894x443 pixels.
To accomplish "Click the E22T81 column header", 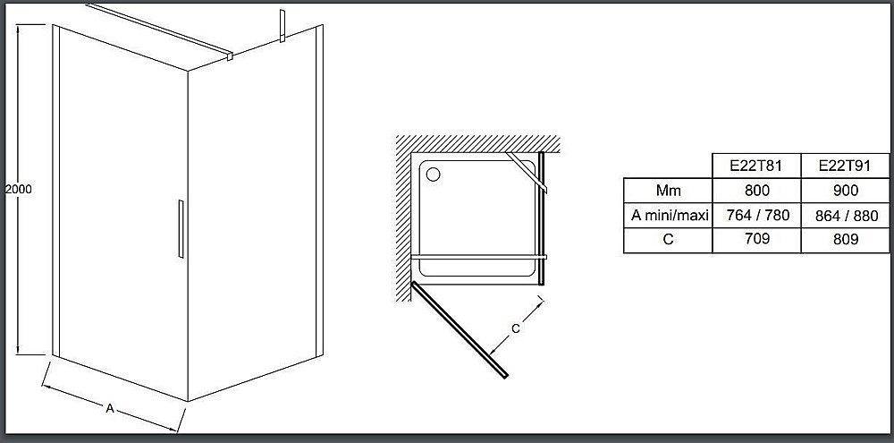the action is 756,166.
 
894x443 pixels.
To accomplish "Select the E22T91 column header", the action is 845,166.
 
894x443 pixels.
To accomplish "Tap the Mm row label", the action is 668,190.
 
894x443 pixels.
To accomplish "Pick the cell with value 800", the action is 756,190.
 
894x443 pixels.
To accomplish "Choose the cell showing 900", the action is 845,190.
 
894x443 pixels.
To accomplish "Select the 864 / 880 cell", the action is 846,215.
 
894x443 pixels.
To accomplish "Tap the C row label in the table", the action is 668,239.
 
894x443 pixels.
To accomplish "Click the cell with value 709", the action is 756,239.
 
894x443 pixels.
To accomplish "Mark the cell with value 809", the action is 845,239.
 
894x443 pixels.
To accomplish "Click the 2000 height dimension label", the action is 18,190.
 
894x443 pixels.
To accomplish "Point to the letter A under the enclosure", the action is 111,407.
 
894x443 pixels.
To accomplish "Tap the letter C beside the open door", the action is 516,328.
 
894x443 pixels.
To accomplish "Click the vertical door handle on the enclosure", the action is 181,229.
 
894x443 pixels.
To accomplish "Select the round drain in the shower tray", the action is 434,175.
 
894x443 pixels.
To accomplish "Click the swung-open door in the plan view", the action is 459,329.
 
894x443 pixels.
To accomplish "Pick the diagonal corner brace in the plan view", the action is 527,173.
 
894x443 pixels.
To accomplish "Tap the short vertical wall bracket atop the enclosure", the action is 282,26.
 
